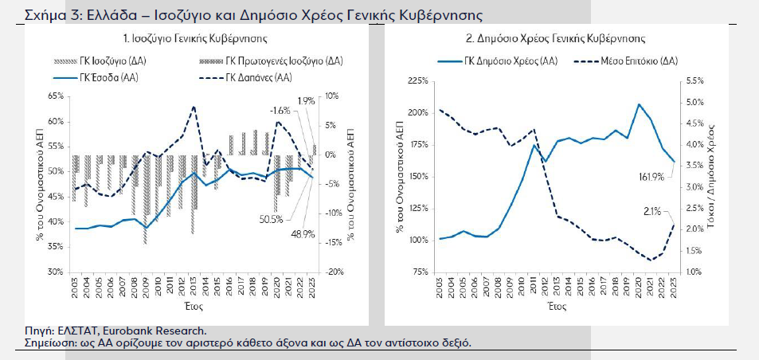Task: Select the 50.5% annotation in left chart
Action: (x=271, y=219)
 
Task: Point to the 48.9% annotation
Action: (x=303, y=235)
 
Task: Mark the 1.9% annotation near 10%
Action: (x=307, y=100)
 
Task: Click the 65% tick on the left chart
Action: (x=57, y=96)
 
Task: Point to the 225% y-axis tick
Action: (x=418, y=80)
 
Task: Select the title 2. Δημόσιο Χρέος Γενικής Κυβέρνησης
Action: (x=556, y=37)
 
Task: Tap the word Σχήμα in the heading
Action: (x=45, y=15)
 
